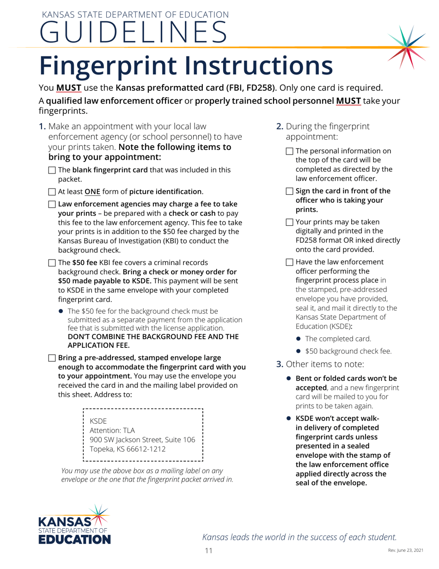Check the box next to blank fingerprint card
point(52,170)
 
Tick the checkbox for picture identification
point(52,192)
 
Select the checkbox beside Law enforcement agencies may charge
point(52,204)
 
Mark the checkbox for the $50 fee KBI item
point(52,263)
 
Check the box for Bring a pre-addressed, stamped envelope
point(52,358)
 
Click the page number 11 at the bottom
point(209,551)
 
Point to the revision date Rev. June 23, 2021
point(404,551)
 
